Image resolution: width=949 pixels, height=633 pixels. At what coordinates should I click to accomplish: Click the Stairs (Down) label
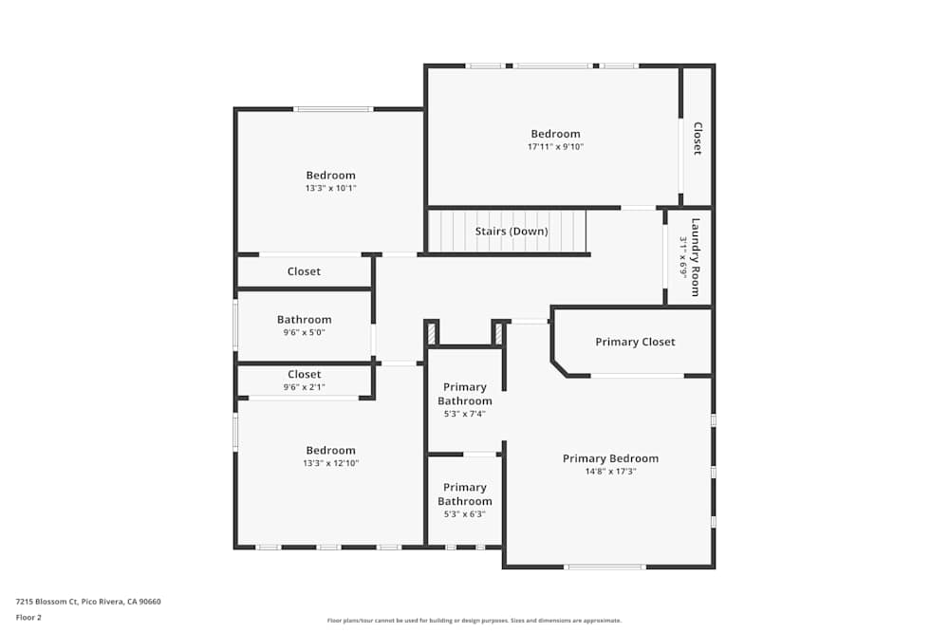tap(511, 232)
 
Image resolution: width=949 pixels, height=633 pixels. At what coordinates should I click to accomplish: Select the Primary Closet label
tap(635, 342)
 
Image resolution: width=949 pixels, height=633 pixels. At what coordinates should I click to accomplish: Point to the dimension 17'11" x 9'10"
tap(555, 147)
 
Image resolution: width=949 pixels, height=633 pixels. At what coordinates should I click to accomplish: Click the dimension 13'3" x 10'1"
tap(330, 188)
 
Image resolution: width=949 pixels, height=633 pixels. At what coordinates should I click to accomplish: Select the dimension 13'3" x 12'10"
tap(330, 463)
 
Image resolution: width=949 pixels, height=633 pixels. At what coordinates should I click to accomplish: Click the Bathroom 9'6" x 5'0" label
tap(304, 320)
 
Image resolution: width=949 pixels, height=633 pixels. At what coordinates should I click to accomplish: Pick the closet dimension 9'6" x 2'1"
tap(304, 387)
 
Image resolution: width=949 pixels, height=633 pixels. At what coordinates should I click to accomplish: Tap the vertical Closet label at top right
tap(698, 139)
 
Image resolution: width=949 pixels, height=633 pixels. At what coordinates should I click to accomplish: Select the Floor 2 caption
tap(28, 617)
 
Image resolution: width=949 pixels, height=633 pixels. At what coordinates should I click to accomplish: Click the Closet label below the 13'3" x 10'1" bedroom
tap(304, 271)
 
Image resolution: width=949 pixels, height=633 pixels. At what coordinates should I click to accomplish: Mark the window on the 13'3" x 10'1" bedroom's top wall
tap(332, 109)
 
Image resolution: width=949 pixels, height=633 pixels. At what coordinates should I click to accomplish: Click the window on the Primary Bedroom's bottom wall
tap(605, 567)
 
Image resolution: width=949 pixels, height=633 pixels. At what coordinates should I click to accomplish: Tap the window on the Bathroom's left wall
tap(235, 325)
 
